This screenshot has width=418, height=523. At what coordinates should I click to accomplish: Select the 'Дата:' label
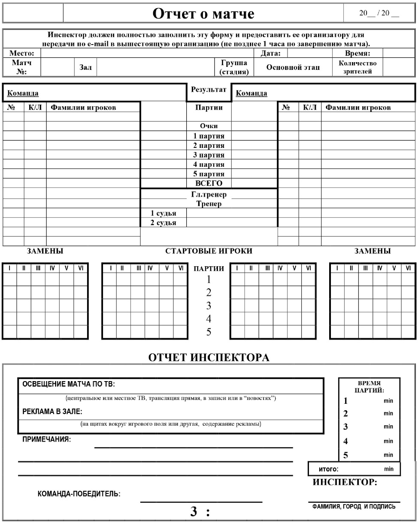(271, 54)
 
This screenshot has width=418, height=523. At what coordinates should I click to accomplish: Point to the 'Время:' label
(357, 54)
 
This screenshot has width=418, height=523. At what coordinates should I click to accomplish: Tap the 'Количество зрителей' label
(357, 67)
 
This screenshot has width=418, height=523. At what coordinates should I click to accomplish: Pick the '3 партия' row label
(209, 155)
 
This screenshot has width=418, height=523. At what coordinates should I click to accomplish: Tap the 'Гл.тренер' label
(209, 195)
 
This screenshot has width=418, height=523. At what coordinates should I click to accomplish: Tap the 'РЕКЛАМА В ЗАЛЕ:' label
(52, 412)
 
